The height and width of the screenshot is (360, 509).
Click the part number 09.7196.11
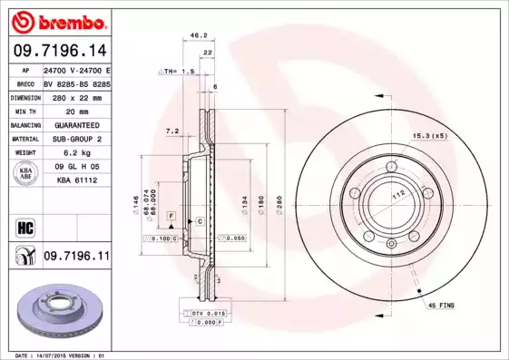point(76,258)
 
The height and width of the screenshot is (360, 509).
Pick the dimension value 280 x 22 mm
point(76,96)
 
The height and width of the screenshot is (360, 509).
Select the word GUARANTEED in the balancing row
point(76,124)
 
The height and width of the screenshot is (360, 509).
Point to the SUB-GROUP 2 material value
point(76,139)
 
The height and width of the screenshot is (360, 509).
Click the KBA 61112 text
point(76,181)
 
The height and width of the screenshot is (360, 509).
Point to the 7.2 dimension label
point(172,131)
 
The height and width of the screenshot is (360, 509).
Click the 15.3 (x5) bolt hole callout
point(431,135)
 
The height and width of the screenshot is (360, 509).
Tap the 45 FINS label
point(443,306)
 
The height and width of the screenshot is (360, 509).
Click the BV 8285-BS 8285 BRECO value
point(76,83)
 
